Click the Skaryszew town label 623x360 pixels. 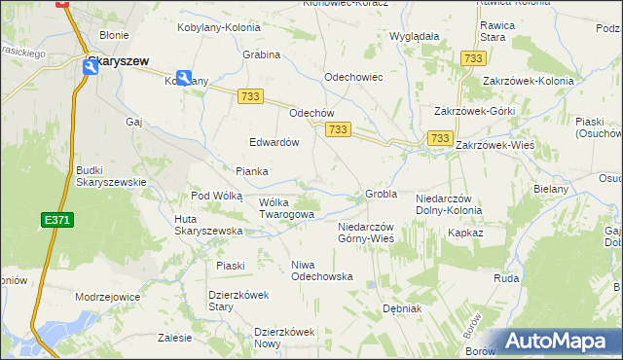[117, 60]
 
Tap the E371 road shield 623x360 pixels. [57, 221]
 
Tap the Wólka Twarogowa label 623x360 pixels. [286, 208]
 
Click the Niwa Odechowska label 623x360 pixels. [321, 270]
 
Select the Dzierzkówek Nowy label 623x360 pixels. [285, 338]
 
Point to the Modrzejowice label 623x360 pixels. [107, 296]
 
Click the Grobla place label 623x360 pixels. [381, 194]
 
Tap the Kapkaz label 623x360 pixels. [465, 234]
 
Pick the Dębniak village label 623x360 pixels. [401, 308]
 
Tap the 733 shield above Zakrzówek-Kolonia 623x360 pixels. [473, 59]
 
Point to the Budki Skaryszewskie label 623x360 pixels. [111, 175]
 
